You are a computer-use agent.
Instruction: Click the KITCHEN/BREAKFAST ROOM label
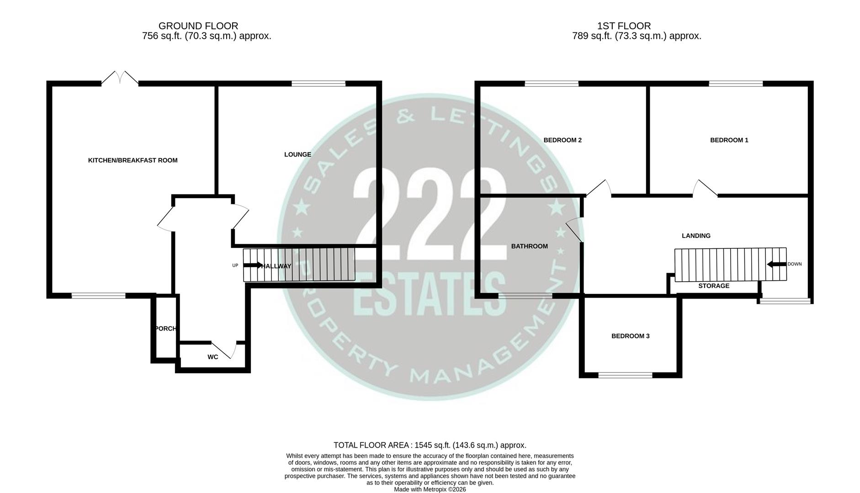[x=133, y=160]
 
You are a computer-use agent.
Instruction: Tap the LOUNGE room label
[x=297, y=154]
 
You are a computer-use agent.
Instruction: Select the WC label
[x=212, y=357]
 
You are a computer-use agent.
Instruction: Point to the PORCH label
[x=165, y=329]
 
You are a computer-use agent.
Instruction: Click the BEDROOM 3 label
[x=630, y=336]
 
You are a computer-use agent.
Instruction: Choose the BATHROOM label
[x=529, y=246]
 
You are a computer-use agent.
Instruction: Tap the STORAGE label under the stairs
[x=713, y=286]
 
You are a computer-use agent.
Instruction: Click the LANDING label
[x=696, y=236]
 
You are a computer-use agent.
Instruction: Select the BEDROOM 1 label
[x=729, y=140]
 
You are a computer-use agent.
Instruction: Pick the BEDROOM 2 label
[x=562, y=140]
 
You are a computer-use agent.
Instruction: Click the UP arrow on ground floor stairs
[x=253, y=265]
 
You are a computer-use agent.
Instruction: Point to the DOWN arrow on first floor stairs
[x=776, y=264]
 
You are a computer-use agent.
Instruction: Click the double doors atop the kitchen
[x=120, y=78]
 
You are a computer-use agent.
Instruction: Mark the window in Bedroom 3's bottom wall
[x=625, y=375]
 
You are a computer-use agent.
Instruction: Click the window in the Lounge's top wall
[x=319, y=84]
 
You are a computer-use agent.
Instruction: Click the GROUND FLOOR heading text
[x=198, y=26]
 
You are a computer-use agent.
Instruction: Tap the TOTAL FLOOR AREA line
[x=430, y=445]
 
